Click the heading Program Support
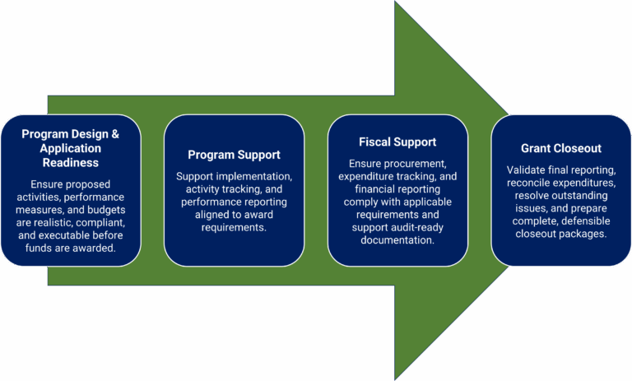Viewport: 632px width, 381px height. click(234, 155)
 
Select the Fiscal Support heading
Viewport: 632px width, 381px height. click(397, 142)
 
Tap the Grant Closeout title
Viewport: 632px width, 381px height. click(560, 148)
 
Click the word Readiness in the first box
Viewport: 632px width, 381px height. click(70, 163)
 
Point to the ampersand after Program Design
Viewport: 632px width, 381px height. click(114, 134)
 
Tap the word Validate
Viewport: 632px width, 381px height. click(527, 170)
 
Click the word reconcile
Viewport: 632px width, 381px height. click(530, 183)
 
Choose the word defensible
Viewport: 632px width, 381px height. click(585, 221)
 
